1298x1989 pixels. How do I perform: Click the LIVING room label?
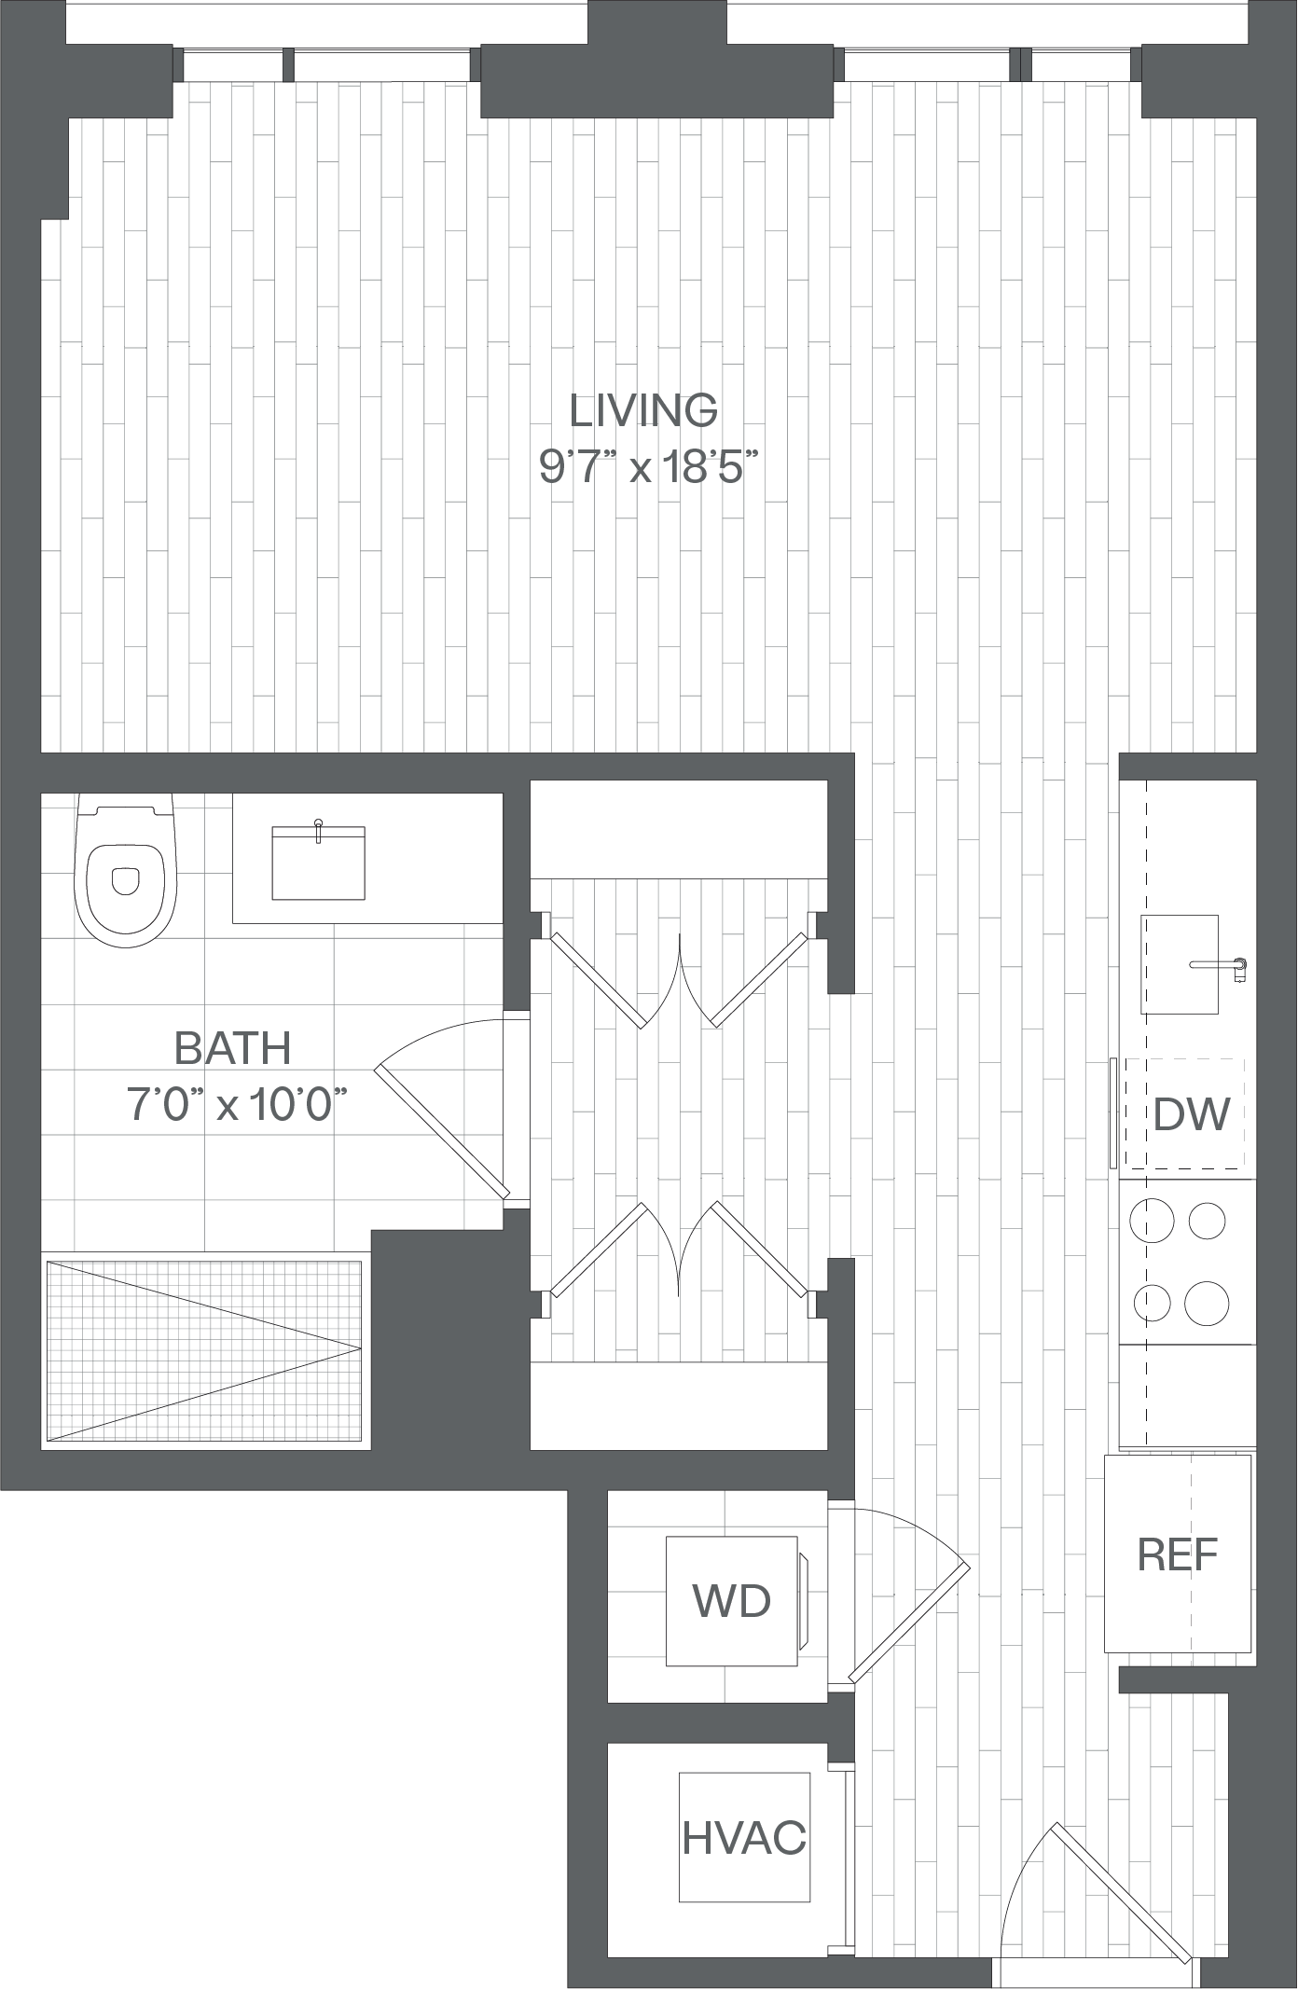point(643,410)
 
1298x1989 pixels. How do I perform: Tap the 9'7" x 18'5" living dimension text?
point(643,466)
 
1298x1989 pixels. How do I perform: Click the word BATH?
point(233,1048)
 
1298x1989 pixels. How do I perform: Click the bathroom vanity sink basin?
point(318,862)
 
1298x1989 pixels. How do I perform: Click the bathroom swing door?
point(442,1131)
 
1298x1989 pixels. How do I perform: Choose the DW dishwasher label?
point(1192,1113)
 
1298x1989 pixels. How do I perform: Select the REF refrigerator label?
point(1178,1554)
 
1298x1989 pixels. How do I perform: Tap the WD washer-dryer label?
point(731,1601)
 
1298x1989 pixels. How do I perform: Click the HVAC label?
point(744,1838)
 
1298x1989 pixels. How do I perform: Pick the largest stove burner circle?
point(1207,1304)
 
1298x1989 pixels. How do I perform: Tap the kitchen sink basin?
point(1180,964)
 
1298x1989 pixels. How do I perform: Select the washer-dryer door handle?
point(804,1601)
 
